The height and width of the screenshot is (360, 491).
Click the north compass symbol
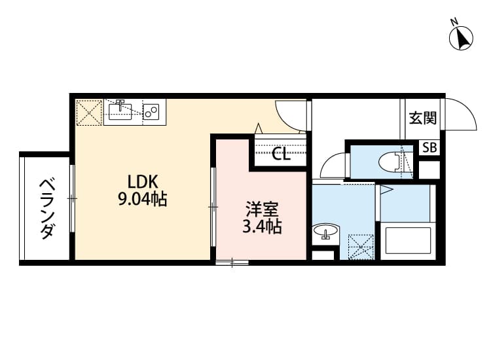click(x=462, y=37)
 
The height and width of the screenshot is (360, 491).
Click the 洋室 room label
click(x=262, y=211)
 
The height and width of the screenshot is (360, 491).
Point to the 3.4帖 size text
click(x=262, y=227)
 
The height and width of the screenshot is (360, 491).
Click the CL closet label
click(x=281, y=155)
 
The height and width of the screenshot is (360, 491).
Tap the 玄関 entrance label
click(x=422, y=118)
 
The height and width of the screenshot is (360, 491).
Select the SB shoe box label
click(x=429, y=148)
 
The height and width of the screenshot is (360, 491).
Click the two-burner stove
click(x=153, y=112)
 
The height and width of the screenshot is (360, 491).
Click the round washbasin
click(x=325, y=232)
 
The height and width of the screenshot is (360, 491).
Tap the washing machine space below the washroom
click(x=360, y=247)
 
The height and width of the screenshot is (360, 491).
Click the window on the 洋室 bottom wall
click(x=232, y=263)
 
